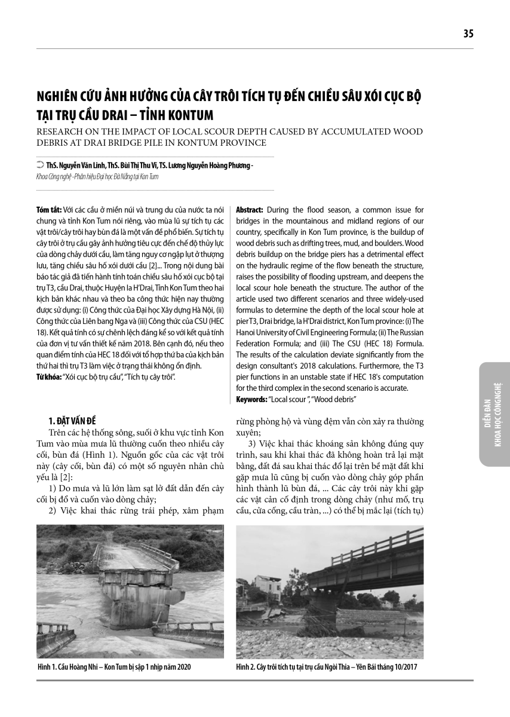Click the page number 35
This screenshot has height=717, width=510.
pyautogui.click(x=468, y=34)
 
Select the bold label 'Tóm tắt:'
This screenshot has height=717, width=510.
pyautogui.click(x=48, y=210)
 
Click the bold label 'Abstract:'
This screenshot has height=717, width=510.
pyautogui.click(x=250, y=210)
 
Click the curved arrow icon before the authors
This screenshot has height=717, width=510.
pyautogui.click(x=39, y=166)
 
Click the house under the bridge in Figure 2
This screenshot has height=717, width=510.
pyautogui.click(x=263, y=586)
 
